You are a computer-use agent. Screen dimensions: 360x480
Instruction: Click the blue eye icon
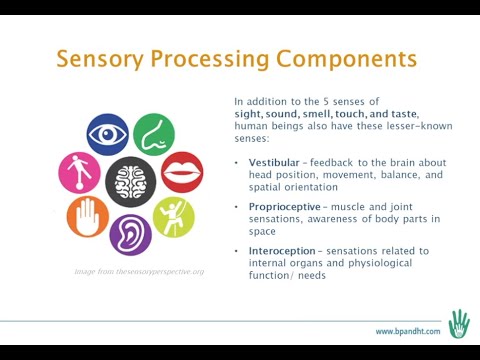click(x=108, y=134)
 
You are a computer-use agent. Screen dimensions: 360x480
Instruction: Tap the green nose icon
click(x=154, y=134)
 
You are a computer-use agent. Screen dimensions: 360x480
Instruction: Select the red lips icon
click(x=182, y=173)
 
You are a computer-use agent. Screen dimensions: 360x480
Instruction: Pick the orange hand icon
click(x=88, y=217)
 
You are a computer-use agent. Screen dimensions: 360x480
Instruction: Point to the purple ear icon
click(x=130, y=234)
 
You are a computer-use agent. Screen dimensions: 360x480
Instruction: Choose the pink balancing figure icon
click(x=80, y=173)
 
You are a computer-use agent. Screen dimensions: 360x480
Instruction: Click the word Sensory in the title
click(x=99, y=58)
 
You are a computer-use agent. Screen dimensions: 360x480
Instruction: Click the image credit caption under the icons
click(x=139, y=271)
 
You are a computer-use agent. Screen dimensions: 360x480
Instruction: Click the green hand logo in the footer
click(x=458, y=323)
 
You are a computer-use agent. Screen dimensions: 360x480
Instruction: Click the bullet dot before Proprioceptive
click(x=237, y=206)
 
